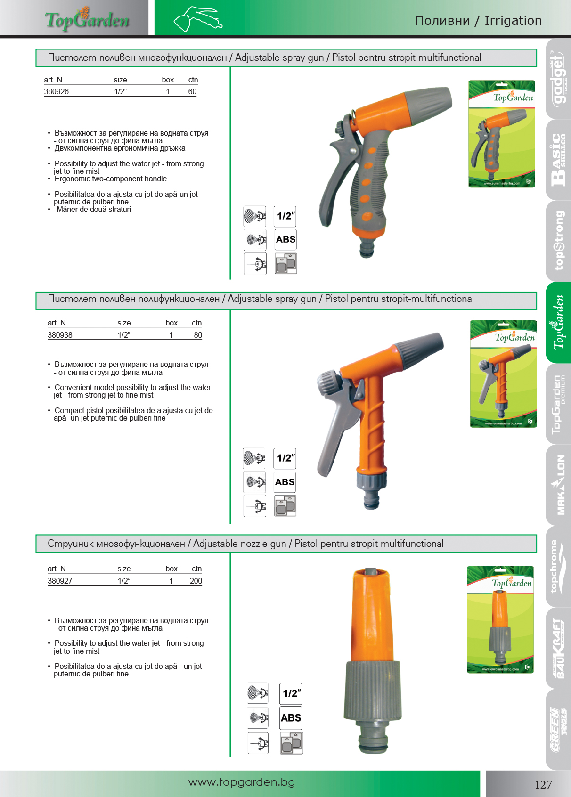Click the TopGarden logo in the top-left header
87,19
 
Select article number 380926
57,92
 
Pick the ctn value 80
198,335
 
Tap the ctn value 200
196,581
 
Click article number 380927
60,581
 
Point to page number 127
543,784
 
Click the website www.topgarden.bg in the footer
242,782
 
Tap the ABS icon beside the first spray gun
285,240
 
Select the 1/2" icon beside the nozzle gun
291,694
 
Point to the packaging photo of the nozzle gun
500,619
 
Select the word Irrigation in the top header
513,21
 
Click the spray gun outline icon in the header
198,19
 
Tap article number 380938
60,335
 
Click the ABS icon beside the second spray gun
285,482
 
